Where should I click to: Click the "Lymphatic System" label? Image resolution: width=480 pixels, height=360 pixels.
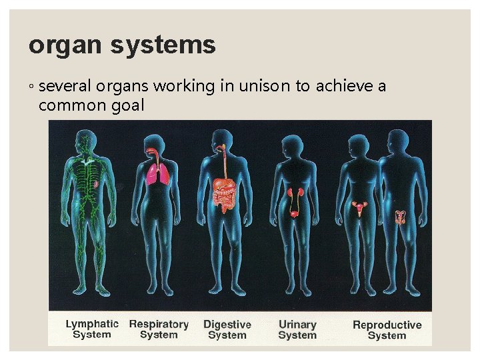click(92, 329)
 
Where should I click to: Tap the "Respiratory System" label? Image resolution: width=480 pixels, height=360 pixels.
click(159, 329)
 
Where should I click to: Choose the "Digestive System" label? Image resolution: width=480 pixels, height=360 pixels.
click(227, 329)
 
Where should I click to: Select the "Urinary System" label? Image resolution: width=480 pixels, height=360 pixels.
click(297, 329)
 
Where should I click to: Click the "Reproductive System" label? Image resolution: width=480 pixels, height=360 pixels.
click(387, 330)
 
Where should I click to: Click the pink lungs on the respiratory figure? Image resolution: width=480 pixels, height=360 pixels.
click(159, 175)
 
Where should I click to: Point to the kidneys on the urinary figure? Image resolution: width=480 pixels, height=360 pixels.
click(294, 194)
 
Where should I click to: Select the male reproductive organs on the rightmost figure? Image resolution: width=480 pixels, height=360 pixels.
click(401, 217)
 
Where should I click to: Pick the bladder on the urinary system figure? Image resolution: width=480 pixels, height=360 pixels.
click(294, 214)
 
